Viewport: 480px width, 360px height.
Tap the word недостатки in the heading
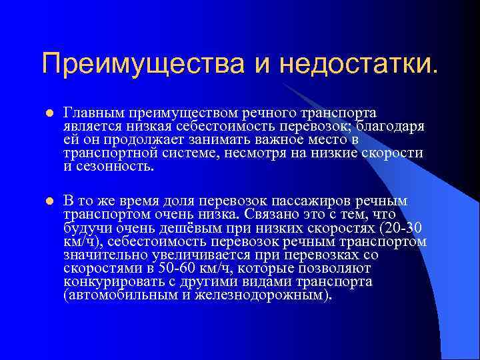click(x=359, y=65)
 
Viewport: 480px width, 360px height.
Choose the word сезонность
click(x=115, y=167)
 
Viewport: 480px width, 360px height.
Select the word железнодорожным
click(x=257, y=295)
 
